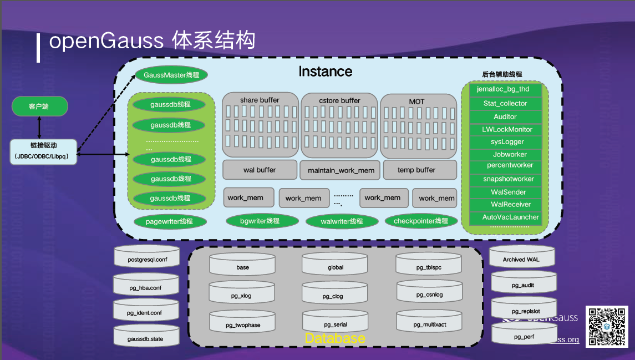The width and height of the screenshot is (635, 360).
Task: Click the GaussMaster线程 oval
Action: (171, 75)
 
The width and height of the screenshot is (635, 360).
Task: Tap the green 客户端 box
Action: (39, 107)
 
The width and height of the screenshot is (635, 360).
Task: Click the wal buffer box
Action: (259, 170)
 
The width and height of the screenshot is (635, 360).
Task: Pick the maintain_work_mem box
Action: (341, 170)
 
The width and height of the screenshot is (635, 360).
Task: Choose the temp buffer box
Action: (416, 170)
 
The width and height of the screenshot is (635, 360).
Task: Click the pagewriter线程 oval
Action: (169, 222)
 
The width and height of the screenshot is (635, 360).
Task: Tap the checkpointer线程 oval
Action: (421, 221)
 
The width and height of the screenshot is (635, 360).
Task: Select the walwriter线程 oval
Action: (342, 222)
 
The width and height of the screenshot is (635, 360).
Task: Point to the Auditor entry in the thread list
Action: (505, 116)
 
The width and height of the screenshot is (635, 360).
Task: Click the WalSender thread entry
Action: (505, 192)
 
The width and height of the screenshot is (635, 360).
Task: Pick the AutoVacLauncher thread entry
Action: (505, 217)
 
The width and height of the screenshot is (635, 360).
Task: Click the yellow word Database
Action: (335, 338)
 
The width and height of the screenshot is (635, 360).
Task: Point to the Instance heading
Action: (325, 72)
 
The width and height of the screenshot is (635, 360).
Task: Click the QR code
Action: (607, 327)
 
